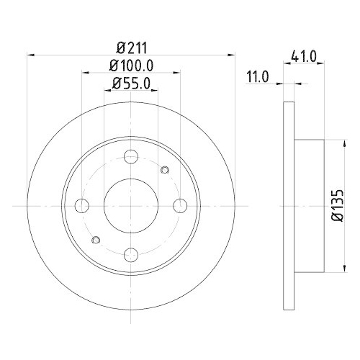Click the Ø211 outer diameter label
[132, 49]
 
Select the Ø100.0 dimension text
[132, 67]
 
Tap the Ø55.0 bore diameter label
[132, 85]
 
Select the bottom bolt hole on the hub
[132, 253]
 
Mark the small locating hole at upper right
[165, 171]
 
